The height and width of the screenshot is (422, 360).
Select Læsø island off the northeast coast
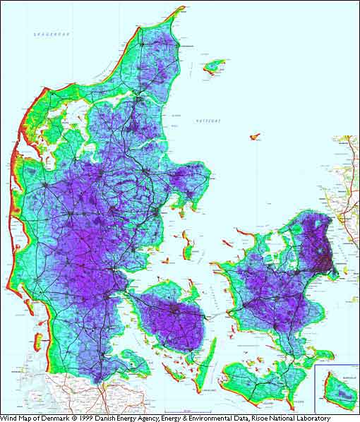[213, 66]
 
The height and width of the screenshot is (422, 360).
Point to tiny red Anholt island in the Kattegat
[255, 135]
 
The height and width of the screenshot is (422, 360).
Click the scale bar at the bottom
[186, 411]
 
